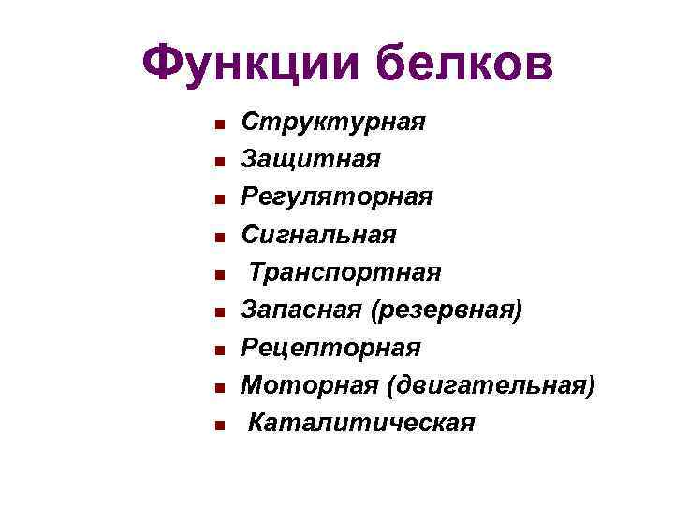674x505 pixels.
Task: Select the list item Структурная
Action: point(333,122)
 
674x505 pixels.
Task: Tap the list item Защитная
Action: point(311,159)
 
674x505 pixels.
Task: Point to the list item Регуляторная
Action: point(337,196)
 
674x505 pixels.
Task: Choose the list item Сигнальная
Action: point(318,234)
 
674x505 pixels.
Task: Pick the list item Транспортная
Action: point(344,272)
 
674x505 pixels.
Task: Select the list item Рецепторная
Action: point(331,347)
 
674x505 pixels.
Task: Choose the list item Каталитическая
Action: point(361,423)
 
